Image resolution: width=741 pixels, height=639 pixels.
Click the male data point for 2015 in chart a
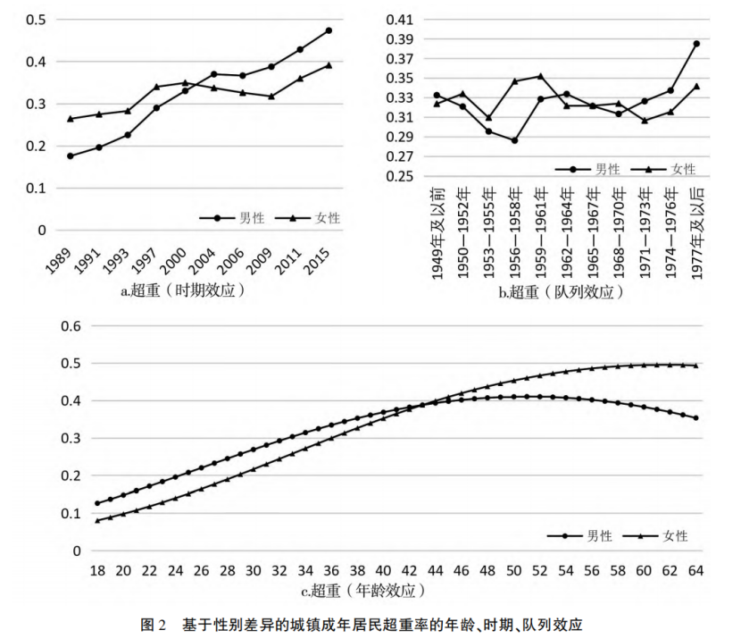click(329, 30)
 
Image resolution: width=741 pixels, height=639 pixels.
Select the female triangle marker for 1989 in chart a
click(70, 119)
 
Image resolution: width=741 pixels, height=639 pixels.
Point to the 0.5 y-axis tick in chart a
click(35, 20)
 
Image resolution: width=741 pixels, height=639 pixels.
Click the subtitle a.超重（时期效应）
click(183, 290)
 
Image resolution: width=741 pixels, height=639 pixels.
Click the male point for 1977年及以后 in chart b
click(696, 43)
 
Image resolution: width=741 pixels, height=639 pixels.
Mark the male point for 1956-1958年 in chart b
click(515, 140)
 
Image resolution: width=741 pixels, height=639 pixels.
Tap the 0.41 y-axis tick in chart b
click(398, 20)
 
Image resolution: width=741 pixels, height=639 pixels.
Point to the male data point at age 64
click(695, 418)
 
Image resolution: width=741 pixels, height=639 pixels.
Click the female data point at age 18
click(97, 520)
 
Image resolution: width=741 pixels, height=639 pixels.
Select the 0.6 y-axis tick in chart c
click(70, 326)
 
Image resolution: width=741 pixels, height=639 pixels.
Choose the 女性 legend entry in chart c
click(674, 535)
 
